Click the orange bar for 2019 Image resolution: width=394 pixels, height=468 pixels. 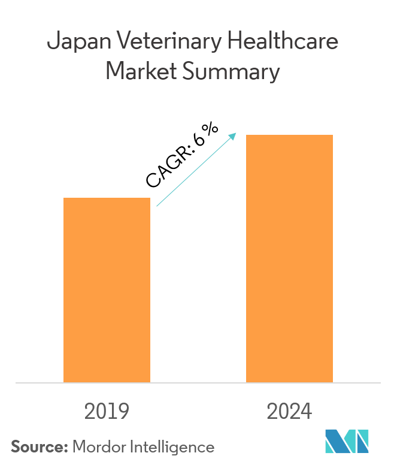tap(107, 289)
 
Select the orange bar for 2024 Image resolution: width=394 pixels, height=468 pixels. tap(289, 258)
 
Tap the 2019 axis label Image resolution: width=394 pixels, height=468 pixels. tap(107, 412)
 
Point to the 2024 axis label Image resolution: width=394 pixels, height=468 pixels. tap(289, 412)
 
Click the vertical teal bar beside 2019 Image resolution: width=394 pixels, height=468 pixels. tap(161, 294)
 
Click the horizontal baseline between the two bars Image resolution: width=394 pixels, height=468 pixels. tap(198, 382)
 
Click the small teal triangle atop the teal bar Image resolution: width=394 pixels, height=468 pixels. tap(173, 193)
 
